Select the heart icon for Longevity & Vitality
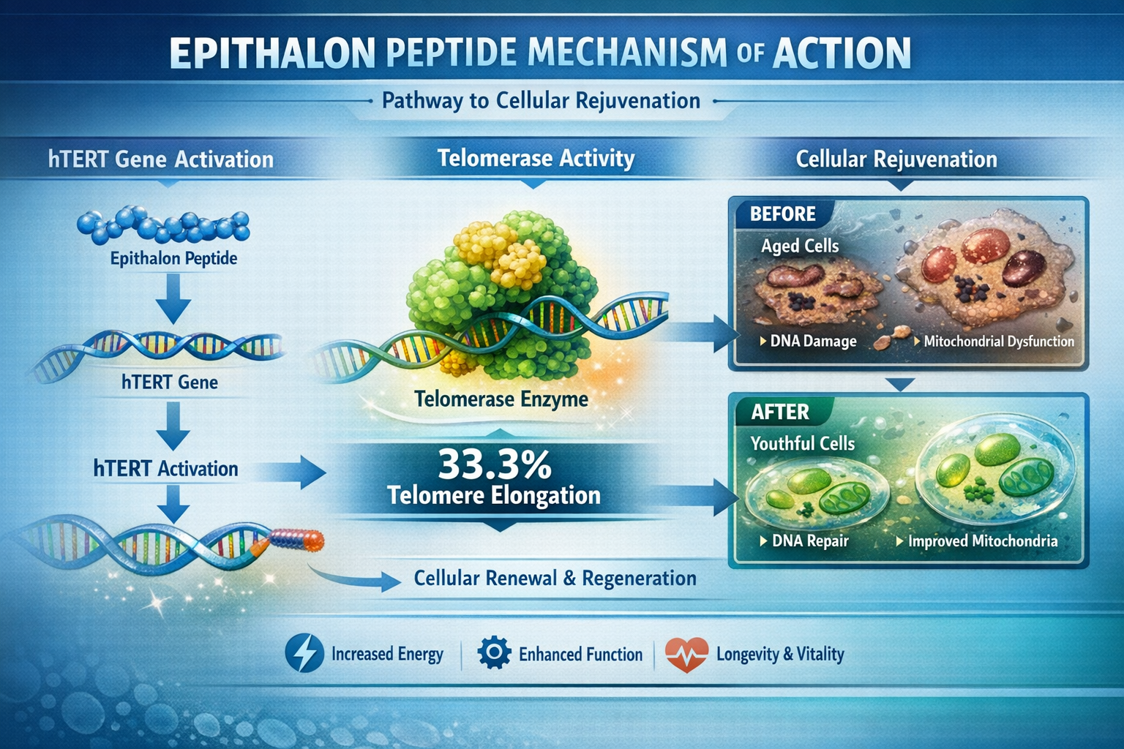click(x=686, y=654)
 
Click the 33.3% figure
click(x=495, y=464)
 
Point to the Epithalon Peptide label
click(x=173, y=258)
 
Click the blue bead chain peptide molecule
click(x=163, y=225)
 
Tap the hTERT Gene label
click(x=170, y=382)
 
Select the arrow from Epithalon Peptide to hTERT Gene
click(x=173, y=298)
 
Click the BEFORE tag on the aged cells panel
click(x=782, y=214)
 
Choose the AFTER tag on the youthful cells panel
click(x=780, y=412)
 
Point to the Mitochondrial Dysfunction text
click(x=998, y=341)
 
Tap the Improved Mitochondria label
click(x=982, y=541)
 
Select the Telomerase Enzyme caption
click(x=501, y=399)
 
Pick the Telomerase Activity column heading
click(x=536, y=159)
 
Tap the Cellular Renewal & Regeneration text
click(x=555, y=579)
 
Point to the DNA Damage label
click(x=812, y=341)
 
